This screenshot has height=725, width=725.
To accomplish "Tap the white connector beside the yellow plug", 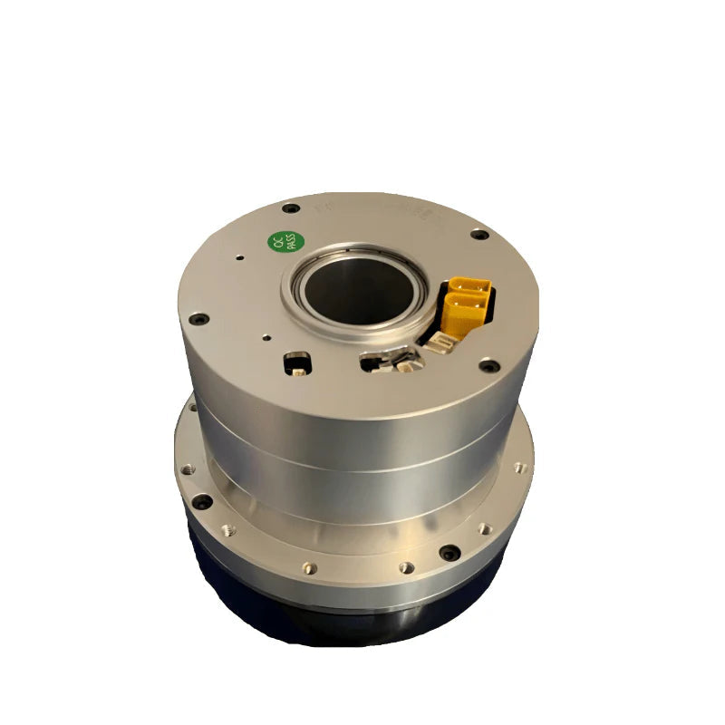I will click(x=443, y=343).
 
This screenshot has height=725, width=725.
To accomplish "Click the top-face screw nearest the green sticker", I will click(x=291, y=208).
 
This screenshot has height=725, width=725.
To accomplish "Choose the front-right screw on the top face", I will click(x=489, y=366).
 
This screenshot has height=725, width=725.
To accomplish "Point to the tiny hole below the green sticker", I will click(x=239, y=257).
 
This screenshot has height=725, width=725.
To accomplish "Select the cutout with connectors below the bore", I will click(x=391, y=363).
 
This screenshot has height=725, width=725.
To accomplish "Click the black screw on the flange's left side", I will click(x=201, y=500).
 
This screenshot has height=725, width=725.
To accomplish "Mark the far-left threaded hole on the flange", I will click(x=187, y=469).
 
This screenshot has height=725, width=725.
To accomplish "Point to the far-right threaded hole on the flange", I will click(x=518, y=469).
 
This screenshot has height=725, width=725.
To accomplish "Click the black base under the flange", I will click(x=344, y=616).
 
